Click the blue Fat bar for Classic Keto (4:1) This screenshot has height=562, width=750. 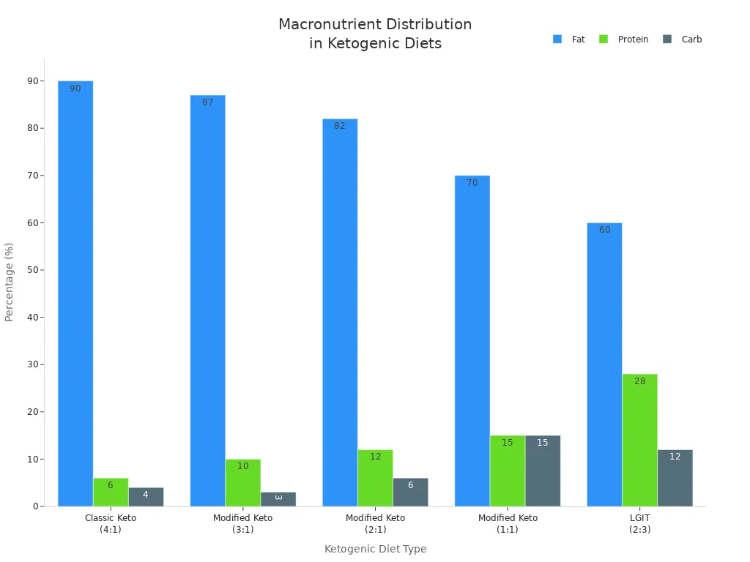75,293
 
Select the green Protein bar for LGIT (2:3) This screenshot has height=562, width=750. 639,440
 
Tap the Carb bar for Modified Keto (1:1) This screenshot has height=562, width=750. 543,471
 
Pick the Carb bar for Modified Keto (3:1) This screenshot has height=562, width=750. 278,499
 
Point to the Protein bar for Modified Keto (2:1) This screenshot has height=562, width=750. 375,478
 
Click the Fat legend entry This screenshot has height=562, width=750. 569,40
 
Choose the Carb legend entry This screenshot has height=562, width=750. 683,40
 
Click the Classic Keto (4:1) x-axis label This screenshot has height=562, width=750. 111,523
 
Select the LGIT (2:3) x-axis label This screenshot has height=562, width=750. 639,523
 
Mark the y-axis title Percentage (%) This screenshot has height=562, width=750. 10,282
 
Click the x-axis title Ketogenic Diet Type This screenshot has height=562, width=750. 375,549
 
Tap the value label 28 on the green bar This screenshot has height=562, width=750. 639,381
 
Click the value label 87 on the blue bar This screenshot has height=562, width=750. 207,102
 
